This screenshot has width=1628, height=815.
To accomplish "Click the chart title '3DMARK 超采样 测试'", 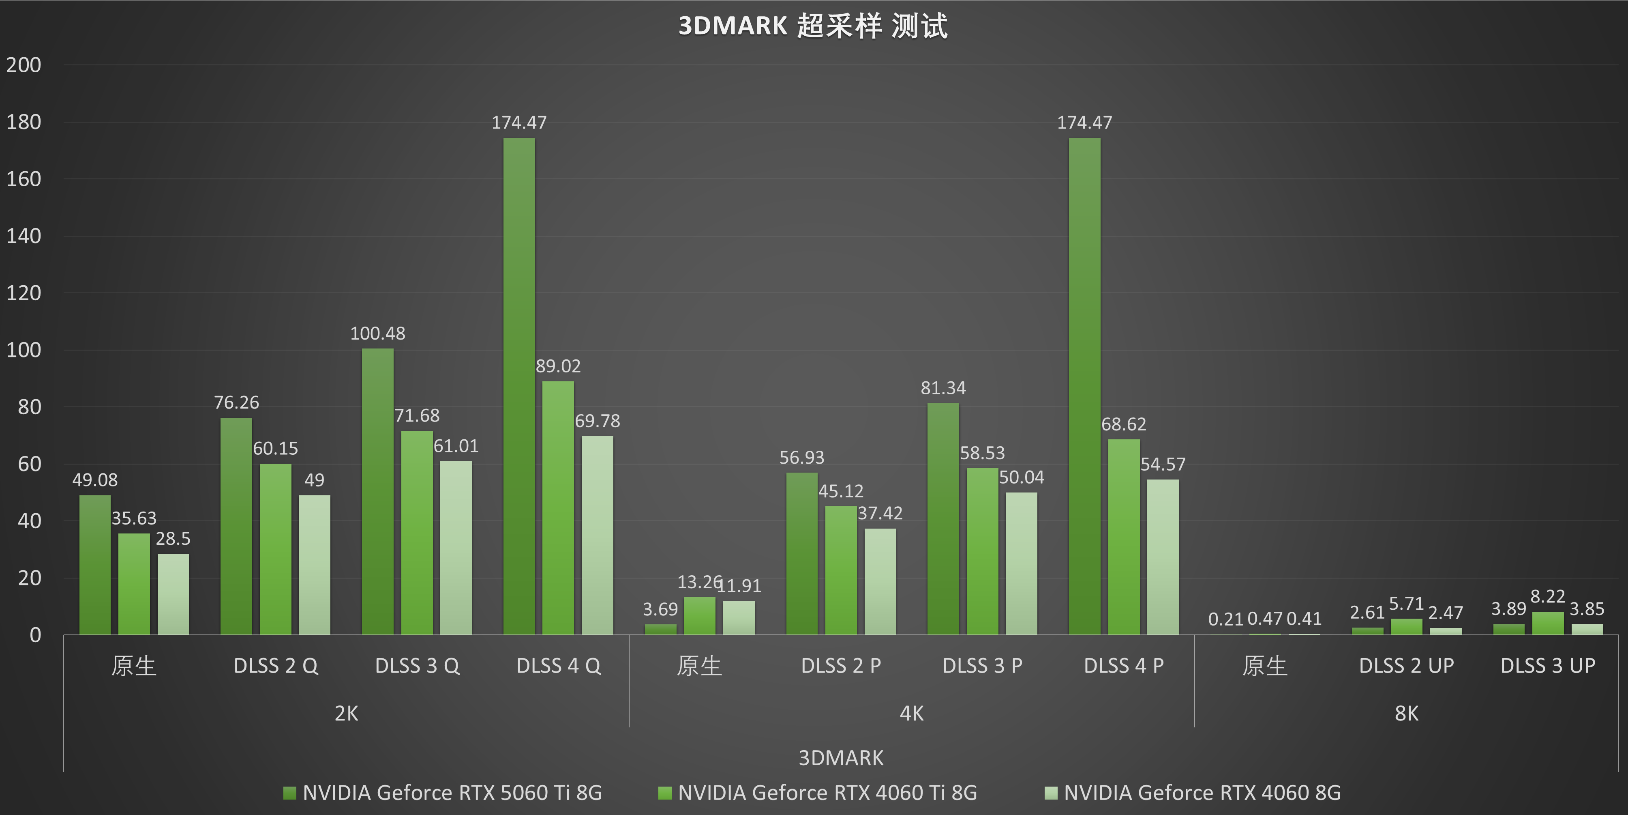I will pyautogui.click(x=813, y=26).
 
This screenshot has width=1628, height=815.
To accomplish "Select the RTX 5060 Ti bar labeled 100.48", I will pyautogui.click(x=377, y=491).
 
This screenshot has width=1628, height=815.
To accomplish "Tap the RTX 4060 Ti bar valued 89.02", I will pyautogui.click(x=558, y=508).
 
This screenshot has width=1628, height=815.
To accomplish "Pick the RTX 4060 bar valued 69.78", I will pyautogui.click(x=597, y=535).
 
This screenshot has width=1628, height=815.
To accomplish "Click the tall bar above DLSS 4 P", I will pyautogui.click(x=1084, y=386).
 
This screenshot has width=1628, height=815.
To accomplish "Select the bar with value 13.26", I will pyautogui.click(x=700, y=616).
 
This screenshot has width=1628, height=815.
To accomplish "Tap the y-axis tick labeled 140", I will pyautogui.click(x=24, y=236).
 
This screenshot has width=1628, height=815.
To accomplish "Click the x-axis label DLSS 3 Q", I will pyautogui.click(x=417, y=666).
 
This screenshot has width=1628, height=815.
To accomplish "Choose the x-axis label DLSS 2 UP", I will pyautogui.click(x=1406, y=666).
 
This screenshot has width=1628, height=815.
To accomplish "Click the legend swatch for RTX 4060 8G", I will pyautogui.click(x=1051, y=793).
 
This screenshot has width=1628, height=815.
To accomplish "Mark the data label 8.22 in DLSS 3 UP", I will pyautogui.click(x=1548, y=596).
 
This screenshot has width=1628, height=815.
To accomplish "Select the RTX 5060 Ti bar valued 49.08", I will pyautogui.click(x=95, y=565).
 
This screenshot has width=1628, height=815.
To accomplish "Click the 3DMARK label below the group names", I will pyautogui.click(x=840, y=757).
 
